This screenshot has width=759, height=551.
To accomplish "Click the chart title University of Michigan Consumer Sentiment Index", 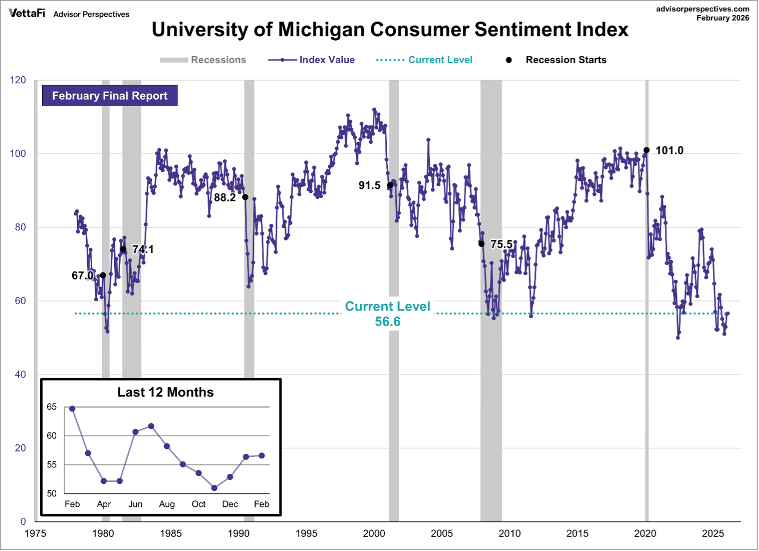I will pos(390,30).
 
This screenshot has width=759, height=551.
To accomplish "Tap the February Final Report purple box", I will pos(110,96).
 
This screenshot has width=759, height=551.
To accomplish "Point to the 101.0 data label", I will pos(669,151).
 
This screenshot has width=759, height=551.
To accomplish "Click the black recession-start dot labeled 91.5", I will pos(390,185).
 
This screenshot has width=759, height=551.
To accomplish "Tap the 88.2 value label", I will pos(224,197).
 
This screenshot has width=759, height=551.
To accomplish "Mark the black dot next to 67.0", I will pos(103,275).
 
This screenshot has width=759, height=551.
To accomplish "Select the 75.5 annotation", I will pos(501,244).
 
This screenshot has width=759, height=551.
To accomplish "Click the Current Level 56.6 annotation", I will pos(387,314).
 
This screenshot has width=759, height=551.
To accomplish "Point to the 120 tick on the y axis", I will pos(18,80).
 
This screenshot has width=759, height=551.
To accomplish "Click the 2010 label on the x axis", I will pos(510,533).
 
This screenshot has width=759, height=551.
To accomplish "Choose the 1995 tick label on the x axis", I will pos(306,533).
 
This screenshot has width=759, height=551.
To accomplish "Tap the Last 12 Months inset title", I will pos(165,392).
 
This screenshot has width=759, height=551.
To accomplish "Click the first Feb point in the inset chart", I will pos(72,409).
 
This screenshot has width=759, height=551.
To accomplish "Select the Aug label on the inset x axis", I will pos(167,504).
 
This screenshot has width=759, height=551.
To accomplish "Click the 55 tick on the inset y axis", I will pos(52,465).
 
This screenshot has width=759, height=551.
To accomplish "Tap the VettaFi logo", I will pos(27,14).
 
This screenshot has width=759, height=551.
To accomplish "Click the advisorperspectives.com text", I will pos(702,9).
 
